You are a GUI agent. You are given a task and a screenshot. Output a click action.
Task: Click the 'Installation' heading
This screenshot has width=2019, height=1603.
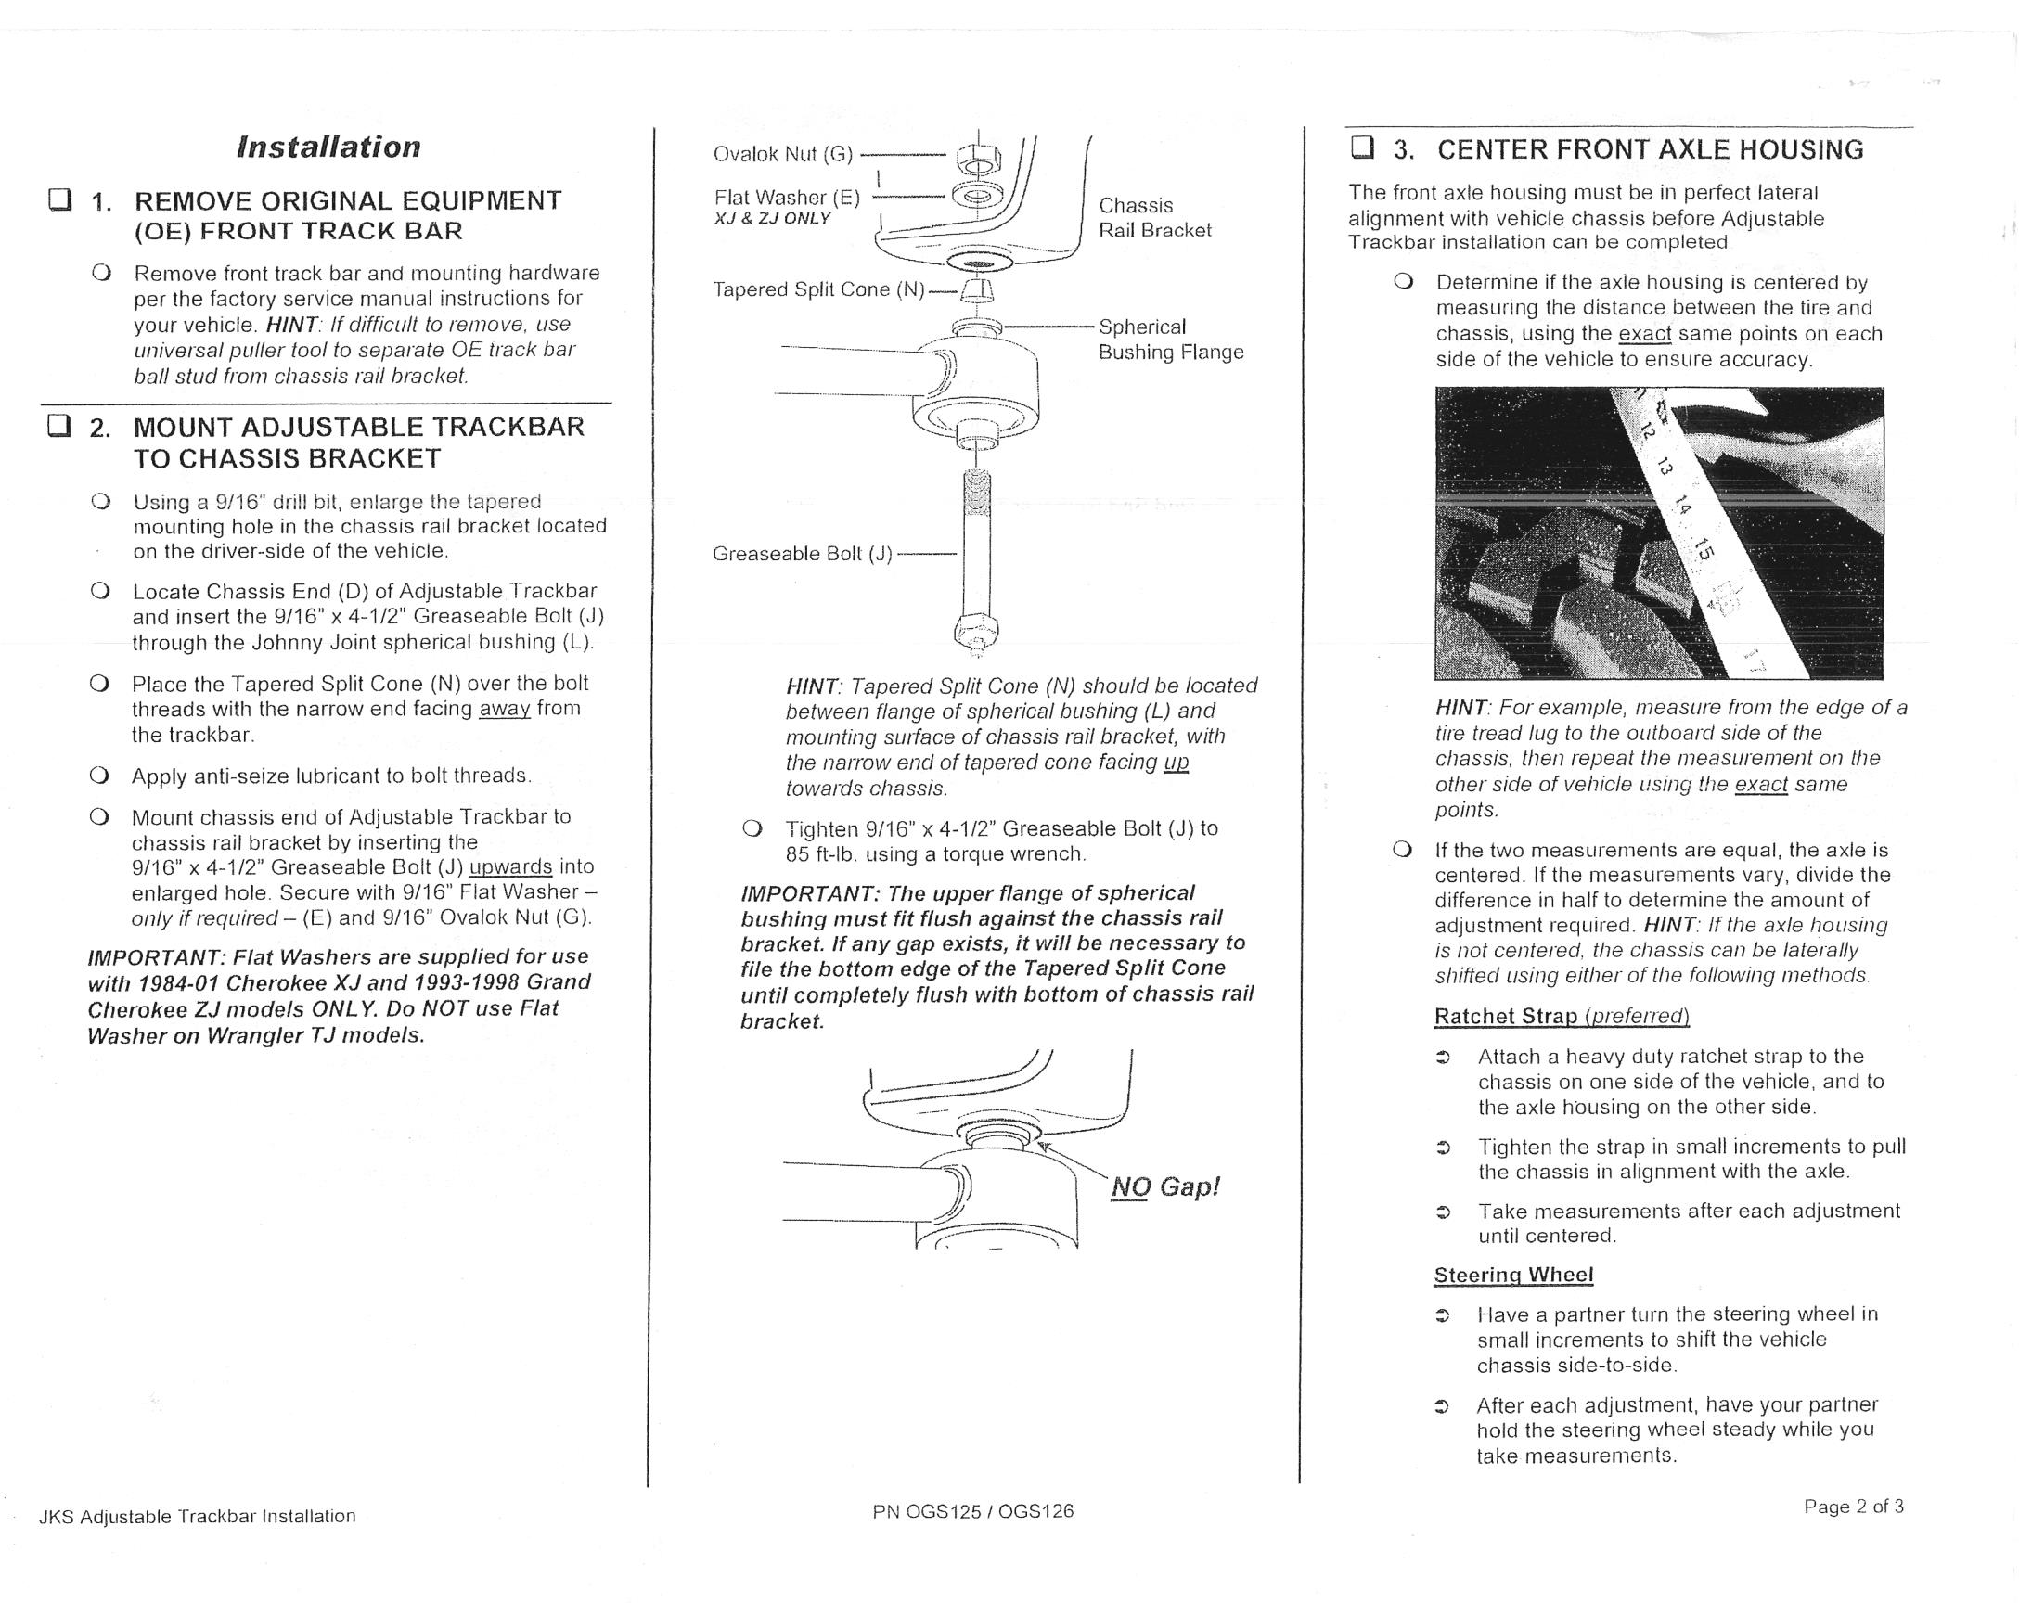(328, 147)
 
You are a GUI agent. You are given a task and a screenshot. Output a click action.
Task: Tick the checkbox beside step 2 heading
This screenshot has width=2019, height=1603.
(60, 427)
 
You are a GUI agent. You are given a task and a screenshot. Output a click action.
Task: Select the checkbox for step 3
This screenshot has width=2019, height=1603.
(1362, 147)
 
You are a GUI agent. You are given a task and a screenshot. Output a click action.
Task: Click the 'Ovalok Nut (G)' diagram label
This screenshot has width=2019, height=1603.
(783, 155)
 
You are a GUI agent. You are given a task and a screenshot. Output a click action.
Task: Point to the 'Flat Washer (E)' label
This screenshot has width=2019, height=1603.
(787, 198)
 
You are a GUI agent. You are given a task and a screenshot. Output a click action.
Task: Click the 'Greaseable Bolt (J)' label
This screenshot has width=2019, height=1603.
(802, 554)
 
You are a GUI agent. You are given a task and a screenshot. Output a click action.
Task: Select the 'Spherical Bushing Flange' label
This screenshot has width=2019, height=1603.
(1171, 339)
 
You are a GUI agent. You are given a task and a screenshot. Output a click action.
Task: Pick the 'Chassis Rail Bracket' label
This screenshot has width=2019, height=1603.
(1154, 217)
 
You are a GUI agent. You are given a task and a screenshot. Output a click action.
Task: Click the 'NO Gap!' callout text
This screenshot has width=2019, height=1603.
(1165, 1187)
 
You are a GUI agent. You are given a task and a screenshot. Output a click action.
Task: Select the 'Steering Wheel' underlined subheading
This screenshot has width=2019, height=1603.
(1513, 1275)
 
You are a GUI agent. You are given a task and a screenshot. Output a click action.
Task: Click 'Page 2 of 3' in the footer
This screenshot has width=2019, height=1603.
(1853, 1507)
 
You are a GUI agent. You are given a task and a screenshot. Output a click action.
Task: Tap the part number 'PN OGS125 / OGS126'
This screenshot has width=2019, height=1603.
(973, 1510)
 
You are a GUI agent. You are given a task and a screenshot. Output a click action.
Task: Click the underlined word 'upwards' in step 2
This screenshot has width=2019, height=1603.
(510, 867)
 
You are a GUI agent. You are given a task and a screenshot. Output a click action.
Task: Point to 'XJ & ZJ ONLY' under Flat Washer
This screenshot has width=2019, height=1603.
(772, 219)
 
